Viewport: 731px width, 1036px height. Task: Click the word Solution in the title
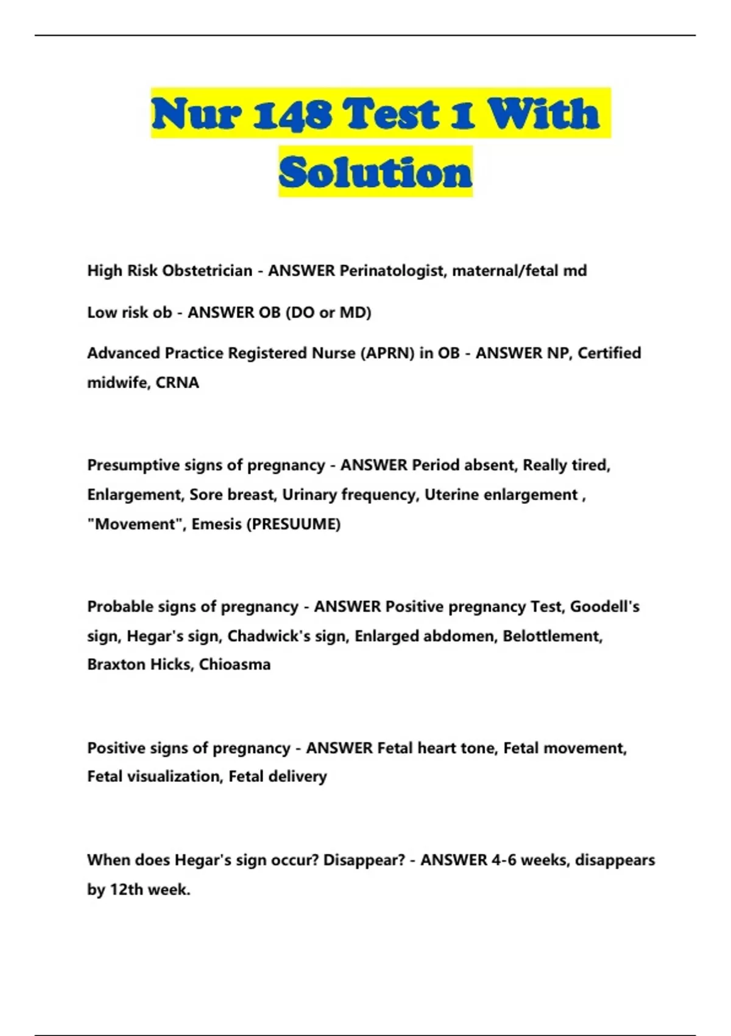coord(375,172)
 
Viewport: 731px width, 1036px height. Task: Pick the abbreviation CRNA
coord(177,382)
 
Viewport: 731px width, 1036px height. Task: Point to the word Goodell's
coord(604,606)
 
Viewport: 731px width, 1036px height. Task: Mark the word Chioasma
coord(235,664)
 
